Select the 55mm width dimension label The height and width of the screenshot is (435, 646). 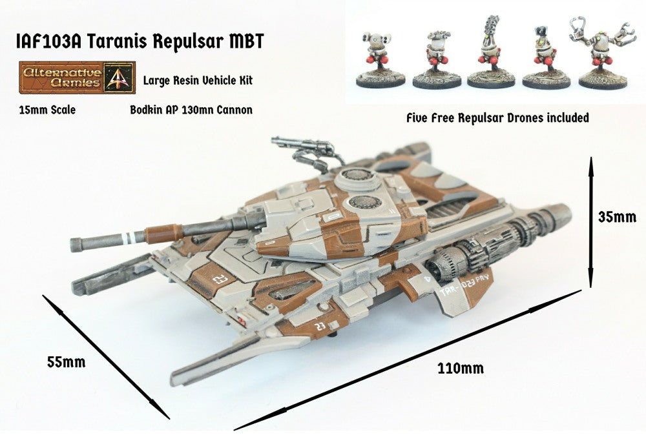[x=66, y=361]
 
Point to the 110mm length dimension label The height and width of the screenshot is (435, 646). [x=460, y=369]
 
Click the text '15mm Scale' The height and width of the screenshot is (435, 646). [x=48, y=110]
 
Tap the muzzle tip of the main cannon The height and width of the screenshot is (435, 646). [x=77, y=245]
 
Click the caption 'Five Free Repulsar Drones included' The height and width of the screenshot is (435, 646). [x=497, y=118]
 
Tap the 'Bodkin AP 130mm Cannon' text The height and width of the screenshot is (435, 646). [x=191, y=110]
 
